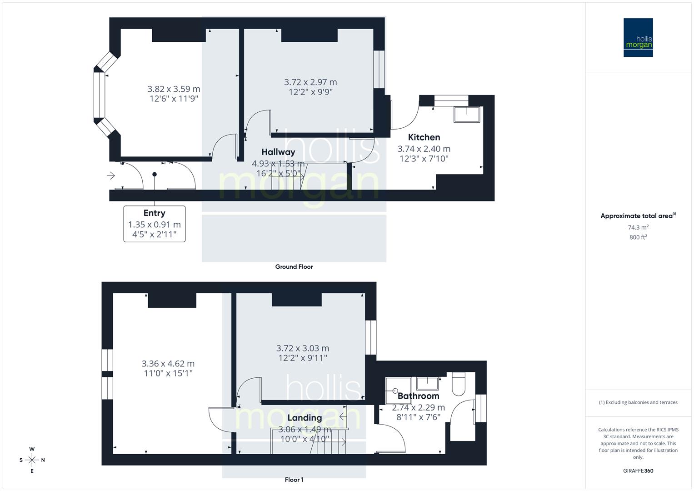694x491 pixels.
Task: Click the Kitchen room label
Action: pos(424,137)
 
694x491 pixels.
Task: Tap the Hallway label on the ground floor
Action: pos(278,152)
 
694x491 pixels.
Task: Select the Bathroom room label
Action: pos(418,396)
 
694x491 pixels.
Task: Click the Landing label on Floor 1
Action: pos(305,418)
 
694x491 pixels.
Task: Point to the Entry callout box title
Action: pos(154,213)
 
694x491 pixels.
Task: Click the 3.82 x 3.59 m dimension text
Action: pos(174,89)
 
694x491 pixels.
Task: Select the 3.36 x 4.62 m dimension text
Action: pos(168,364)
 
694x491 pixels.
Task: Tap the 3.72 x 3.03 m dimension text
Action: pos(303,348)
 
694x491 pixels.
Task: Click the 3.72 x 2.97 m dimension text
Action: pos(310,82)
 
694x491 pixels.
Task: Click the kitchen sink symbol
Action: pos(467,115)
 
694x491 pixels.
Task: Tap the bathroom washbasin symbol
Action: pos(427,383)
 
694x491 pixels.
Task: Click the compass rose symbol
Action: pos(32,460)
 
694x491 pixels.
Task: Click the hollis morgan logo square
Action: pos(638,38)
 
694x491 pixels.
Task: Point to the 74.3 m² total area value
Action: pos(638,227)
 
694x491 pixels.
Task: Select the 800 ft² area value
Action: pos(638,237)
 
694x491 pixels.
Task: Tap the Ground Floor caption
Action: pos(294,267)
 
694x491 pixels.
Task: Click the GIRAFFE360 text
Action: pos(638,471)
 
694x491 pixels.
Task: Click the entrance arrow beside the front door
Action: pos(111,175)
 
